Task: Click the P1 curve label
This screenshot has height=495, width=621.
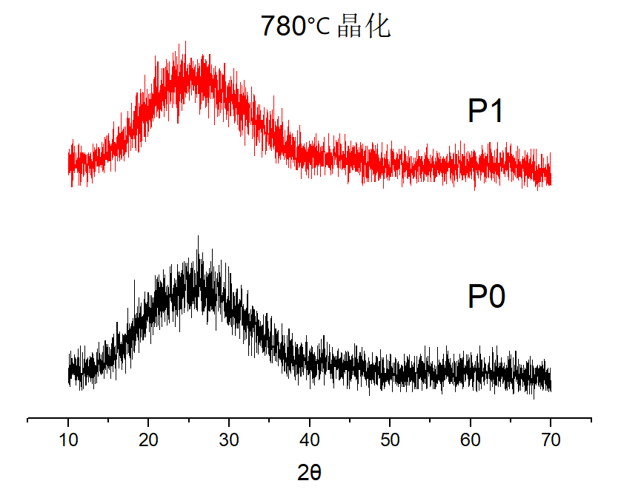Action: click(x=486, y=112)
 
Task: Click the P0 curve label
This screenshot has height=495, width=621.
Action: click(x=486, y=297)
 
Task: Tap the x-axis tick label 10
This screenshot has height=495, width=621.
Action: click(x=68, y=442)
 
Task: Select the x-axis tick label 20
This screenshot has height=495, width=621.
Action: click(x=149, y=442)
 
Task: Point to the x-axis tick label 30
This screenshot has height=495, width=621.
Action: click(x=229, y=442)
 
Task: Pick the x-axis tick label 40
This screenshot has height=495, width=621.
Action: click(x=310, y=442)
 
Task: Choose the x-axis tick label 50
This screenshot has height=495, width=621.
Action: click(x=390, y=442)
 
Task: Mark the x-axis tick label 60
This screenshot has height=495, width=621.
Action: click(x=471, y=442)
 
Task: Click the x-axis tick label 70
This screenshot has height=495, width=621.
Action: click(x=551, y=442)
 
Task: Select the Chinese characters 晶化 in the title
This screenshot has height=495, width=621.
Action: click(x=363, y=27)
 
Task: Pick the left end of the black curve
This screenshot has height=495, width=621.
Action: click(x=69, y=370)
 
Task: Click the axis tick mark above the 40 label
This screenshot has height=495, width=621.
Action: click(x=310, y=422)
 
